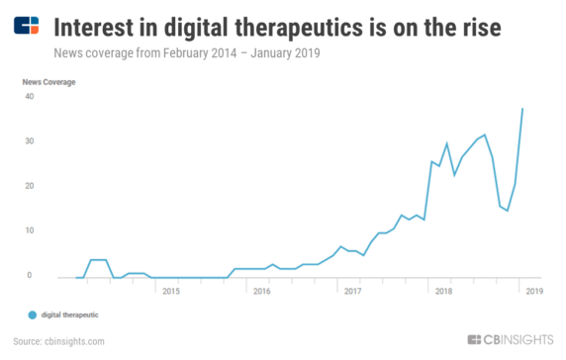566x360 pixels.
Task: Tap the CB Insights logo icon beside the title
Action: pos(27,24)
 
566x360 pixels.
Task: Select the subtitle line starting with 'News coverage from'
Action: pos(188,50)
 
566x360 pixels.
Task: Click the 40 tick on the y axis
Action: pos(29,97)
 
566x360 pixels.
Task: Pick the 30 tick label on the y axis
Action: pos(29,141)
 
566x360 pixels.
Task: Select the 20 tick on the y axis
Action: pos(29,186)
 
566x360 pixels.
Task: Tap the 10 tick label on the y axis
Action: pos(29,230)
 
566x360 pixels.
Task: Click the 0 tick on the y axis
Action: pos(31,276)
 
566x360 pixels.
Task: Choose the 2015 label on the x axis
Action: pos(170,292)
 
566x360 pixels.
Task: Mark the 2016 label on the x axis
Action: pos(261,292)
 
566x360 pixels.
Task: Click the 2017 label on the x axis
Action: pos(352,292)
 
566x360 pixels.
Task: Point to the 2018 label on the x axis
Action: pos(443,292)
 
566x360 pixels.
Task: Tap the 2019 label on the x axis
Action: pos(533,292)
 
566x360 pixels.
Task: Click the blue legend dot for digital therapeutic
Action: pos(32,315)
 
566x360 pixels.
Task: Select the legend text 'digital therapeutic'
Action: pos(69,315)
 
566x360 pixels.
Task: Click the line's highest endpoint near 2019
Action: pos(522,109)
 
